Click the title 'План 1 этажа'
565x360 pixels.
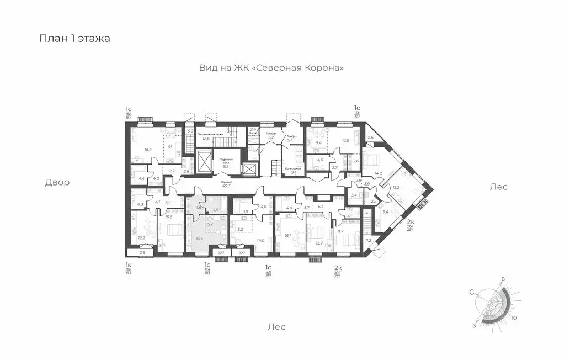coord(74,39)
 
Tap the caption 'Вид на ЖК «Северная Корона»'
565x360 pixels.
coord(271,68)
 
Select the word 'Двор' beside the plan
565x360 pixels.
coord(57,182)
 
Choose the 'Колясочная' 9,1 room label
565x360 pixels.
coord(292,170)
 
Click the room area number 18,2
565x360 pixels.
coord(148,149)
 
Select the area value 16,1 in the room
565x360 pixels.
coord(287,235)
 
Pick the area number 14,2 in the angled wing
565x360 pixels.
coord(379,173)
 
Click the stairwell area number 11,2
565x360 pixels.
coord(368,240)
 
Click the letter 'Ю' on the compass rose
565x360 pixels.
coord(514,317)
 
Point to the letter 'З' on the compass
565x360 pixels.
coord(474,326)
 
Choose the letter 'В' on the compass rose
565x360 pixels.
coord(503,280)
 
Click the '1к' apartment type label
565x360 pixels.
coord(128,265)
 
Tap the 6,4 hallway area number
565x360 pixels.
coord(321,207)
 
